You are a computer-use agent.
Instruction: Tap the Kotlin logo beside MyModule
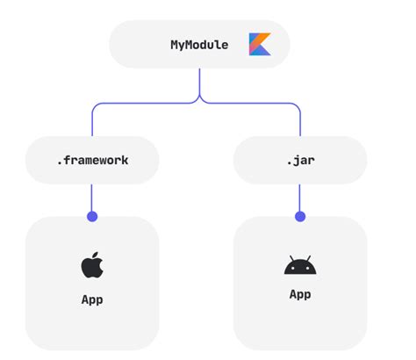coord(260,44)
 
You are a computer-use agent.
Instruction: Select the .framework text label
coord(91,161)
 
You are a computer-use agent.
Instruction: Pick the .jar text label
coord(300,161)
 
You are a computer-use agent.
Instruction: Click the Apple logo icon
coord(91,264)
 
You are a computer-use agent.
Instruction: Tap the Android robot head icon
coord(299,265)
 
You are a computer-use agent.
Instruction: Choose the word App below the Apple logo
coord(91,299)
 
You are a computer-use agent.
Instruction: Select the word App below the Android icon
coord(299,294)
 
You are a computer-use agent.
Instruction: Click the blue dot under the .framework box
coord(91,216)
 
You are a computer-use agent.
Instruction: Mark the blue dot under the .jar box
coord(300,216)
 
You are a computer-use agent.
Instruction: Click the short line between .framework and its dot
coord(91,198)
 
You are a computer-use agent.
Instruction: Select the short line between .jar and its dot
coord(300,198)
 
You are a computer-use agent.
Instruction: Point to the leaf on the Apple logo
coord(94,254)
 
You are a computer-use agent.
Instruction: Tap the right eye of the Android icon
coord(305,266)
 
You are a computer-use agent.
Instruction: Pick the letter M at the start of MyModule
coord(175,44)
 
